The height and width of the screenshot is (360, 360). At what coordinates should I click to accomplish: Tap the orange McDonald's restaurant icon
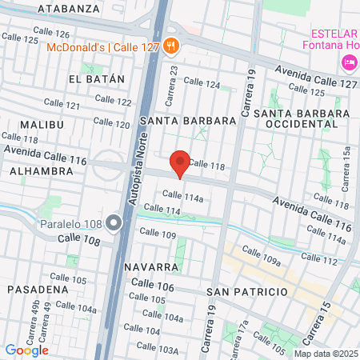[170, 46]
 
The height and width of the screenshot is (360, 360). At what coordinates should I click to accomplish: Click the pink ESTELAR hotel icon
[349, 62]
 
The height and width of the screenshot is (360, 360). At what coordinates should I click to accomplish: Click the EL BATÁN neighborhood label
[97, 79]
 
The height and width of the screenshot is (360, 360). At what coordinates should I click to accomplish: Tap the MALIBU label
[41, 125]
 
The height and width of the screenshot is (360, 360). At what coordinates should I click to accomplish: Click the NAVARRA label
[150, 266]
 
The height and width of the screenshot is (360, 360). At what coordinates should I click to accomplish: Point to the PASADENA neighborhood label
[38, 289]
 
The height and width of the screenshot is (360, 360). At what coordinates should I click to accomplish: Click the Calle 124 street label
[202, 84]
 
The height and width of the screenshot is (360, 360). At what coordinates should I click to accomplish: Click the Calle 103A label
[157, 348]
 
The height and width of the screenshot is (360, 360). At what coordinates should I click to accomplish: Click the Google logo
[26, 350]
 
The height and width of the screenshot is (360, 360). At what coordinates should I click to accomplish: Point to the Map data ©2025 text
[326, 354]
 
